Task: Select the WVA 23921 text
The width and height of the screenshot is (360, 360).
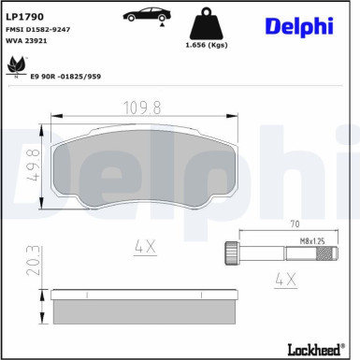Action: coord(30,42)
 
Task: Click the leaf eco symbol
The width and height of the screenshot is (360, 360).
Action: coord(15,65)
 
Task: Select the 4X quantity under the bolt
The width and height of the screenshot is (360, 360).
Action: coord(284,280)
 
